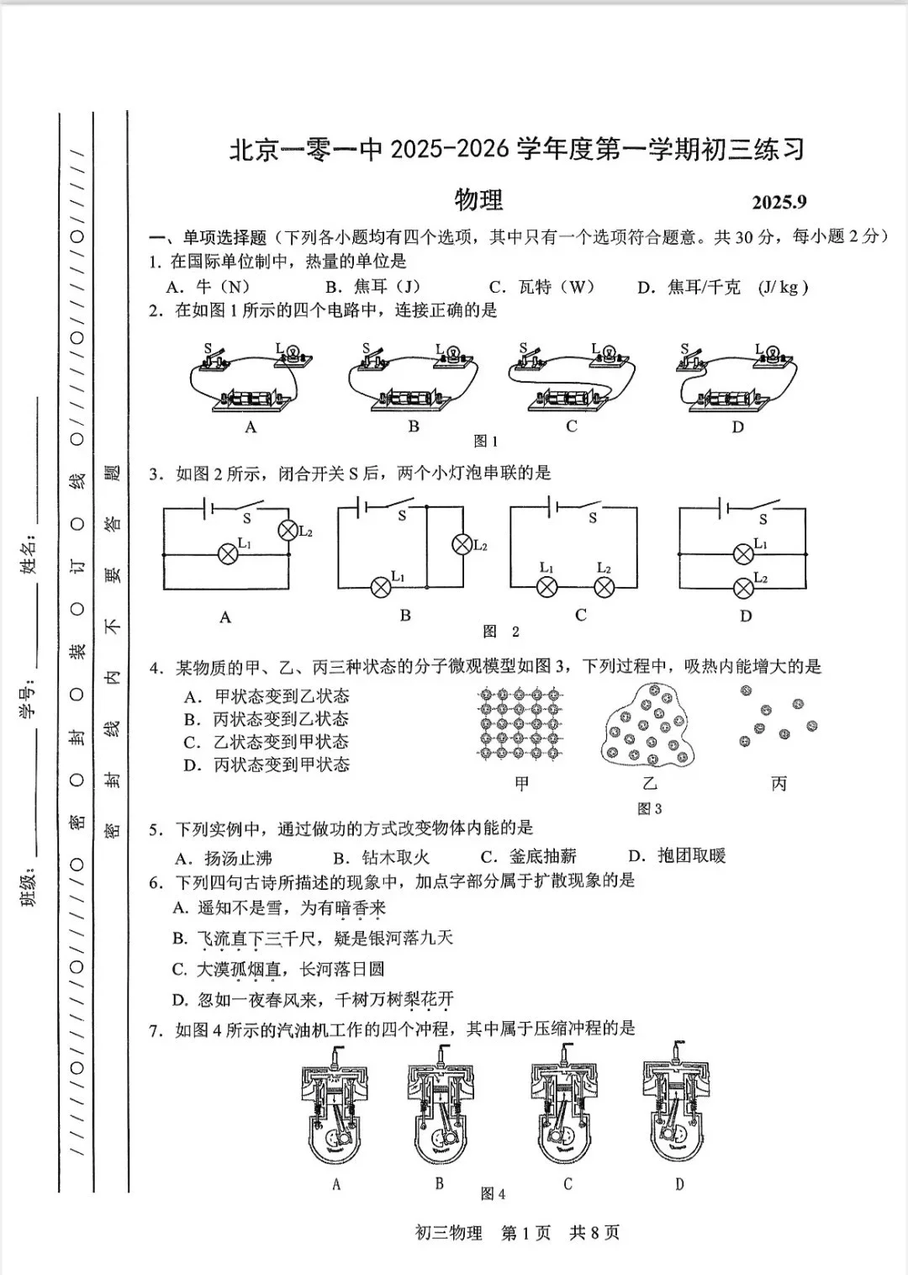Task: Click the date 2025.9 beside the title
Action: tap(779, 202)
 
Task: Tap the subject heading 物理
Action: tap(478, 200)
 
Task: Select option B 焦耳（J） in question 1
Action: tap(372, 287)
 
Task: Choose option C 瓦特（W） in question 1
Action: tap(541, 287)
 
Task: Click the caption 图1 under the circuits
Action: tap(486, 441)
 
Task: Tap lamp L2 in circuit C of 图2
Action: tap(604, 587)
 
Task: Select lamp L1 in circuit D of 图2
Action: tap(742, 553)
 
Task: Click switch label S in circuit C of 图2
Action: tap(593, 518)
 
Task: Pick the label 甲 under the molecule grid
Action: tap(522, 784)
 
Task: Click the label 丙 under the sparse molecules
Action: tap(779, 784)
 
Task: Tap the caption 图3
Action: tap(650, 809)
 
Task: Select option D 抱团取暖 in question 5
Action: tap(678, 856)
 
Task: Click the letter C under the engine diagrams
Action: tap(567, 1184)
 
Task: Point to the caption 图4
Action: tap(493, 1194)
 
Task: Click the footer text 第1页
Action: tap(525, 1233)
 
